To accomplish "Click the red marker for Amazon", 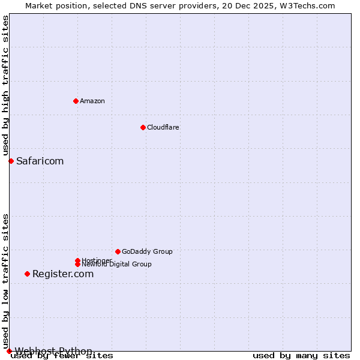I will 76,101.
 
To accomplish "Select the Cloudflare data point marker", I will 143,127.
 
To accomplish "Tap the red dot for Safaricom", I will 11,161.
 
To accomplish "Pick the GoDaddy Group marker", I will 118,251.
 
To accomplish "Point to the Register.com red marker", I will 27,274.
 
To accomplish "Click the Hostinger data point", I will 77,260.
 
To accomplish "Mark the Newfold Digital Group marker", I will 77,264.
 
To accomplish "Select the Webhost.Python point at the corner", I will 9,351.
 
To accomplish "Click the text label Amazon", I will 92,101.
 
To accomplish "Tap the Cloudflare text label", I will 163,127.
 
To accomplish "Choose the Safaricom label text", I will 40,161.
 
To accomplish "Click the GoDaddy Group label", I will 147,251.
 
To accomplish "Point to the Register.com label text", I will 63,274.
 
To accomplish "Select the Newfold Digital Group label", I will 116,265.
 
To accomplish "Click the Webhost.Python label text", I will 53,351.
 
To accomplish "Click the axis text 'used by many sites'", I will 301,356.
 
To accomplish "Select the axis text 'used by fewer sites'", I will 62,356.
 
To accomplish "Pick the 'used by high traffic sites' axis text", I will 5,86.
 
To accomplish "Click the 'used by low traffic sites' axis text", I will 5,281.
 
